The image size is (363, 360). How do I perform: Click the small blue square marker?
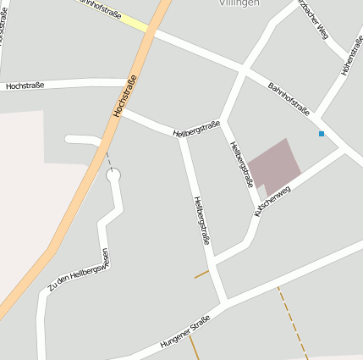coord(322,134)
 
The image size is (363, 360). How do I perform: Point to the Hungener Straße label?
coord(184,334)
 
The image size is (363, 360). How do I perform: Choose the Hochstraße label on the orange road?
coord(124,97)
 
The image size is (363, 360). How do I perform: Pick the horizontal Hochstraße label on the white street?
coord(25,86)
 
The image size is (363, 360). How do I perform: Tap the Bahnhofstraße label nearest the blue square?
coord(289,99)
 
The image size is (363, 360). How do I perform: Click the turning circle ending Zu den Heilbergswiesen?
coord(113,175)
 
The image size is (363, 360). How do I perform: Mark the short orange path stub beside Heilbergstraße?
coord(201,274)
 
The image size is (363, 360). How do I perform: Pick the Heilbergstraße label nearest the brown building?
coord(242,163)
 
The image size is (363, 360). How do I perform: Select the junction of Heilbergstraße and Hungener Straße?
coord(225,302)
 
